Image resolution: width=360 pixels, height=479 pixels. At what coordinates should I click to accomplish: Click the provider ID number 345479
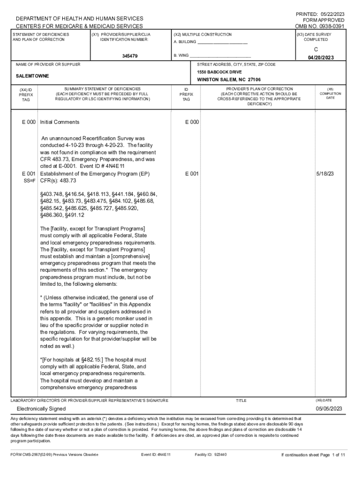coord(130,56)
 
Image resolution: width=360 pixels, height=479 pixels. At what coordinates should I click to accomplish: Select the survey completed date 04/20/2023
coord(320,58)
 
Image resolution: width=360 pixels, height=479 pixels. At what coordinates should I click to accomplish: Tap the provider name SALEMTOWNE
coord(32,76)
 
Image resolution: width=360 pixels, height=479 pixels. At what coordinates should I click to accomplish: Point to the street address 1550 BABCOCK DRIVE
coord(219,73)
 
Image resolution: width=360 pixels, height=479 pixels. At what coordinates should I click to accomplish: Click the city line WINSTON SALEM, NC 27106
coord(229,80)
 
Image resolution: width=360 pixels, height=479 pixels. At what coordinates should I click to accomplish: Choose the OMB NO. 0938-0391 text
coord(320,26)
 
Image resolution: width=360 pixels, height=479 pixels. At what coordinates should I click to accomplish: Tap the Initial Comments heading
coord(60,122)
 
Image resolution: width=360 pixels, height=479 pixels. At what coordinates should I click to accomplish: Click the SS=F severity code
coord(31,181)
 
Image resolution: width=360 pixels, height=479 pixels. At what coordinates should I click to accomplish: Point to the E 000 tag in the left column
coord(29,122)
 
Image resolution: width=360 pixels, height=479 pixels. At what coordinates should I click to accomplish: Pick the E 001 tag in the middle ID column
coord(192,174)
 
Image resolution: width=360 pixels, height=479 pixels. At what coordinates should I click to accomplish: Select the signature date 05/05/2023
coord(329,409)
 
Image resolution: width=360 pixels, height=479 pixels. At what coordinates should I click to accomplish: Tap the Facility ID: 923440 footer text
coord(210,454)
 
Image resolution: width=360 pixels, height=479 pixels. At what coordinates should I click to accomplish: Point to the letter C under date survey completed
coord(321,49)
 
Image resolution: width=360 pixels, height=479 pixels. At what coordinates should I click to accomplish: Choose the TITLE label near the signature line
coord(241,400)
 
